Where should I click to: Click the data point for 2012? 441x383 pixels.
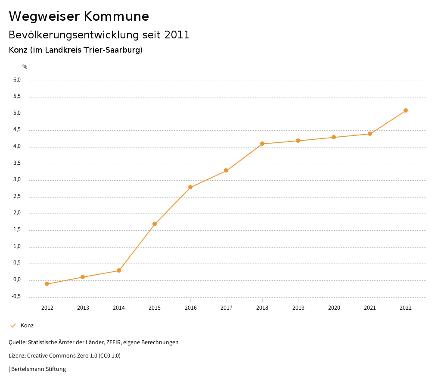[x=47, y=284]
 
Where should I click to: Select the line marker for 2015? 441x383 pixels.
[x=155, y=224]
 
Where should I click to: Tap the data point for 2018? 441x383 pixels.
[x=262, y=144]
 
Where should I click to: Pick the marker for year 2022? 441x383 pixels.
[x=406, y=110]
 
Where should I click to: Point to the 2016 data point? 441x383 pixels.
[x=190, y=187]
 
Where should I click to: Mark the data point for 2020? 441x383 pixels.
[x=334, y=137]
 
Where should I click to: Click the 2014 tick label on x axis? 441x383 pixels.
[x=119, y=308]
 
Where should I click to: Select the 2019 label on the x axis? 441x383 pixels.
[x=298, y=308]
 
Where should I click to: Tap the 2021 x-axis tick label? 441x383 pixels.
[x=370, y=308]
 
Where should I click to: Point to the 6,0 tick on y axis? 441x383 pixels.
[x=17, y=80]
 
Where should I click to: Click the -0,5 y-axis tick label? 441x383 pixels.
[x=16, y=296]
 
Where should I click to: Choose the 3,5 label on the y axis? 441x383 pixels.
[x=17, y=163]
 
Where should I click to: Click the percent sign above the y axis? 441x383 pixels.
[x=25, y=67]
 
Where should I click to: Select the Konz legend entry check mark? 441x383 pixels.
[x=13, y=326]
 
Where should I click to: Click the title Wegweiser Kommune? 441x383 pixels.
[x=79, y=16]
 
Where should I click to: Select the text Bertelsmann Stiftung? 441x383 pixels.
[x=38, y=369]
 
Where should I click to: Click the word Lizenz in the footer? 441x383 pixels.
[x=16, y=356]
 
